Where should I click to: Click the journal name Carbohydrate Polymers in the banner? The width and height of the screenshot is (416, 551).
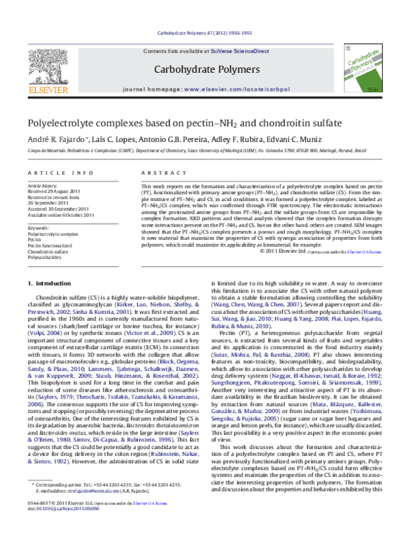(209, 70)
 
